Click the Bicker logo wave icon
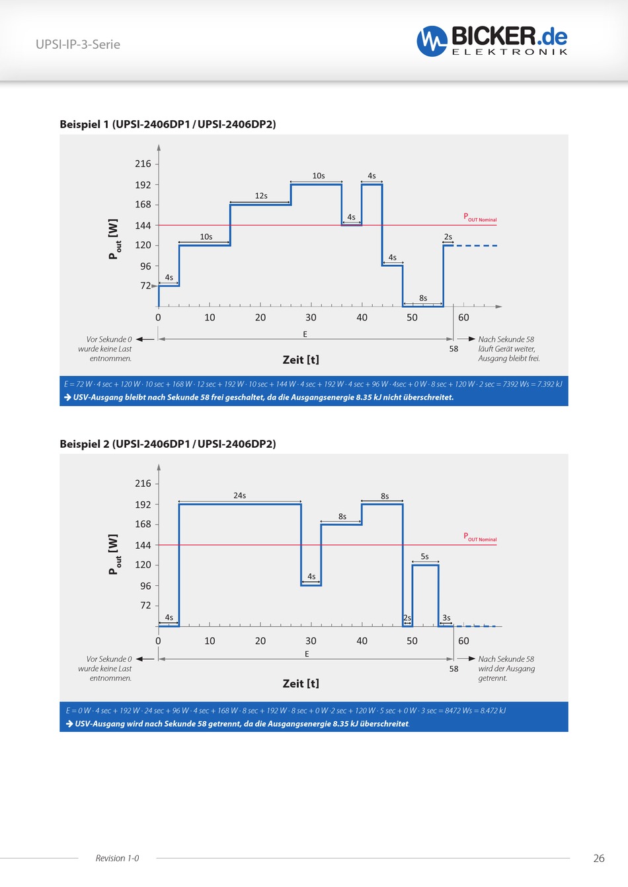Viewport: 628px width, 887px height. point(432,41)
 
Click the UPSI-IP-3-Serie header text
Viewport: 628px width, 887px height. point(78,44)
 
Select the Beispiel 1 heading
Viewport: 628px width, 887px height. point(168,124)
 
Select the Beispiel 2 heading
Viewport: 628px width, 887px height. point(168,444)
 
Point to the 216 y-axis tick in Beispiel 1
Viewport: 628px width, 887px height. point(143,164)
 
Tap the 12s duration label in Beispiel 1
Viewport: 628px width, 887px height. point(261,195)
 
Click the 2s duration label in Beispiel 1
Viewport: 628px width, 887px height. point(448,236)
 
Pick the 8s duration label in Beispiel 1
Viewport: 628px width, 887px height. point(423,298)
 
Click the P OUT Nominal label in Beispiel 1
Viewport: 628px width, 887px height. point(480,217)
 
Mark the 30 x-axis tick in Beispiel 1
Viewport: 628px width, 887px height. point(311,318)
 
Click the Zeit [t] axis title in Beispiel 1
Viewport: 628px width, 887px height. point(301,360)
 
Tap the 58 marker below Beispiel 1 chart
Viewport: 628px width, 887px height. point(453,349)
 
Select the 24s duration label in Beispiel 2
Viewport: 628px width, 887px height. point(239,495)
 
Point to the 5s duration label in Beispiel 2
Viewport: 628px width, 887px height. point(424,557)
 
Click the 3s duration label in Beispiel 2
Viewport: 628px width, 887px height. point(446,618)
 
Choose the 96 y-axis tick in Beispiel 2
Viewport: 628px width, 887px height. point(145,586)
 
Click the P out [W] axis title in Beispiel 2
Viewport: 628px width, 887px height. point(114,555)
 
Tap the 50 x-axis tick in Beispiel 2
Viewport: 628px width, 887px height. point(412,641)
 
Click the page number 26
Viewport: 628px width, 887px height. point(599,858)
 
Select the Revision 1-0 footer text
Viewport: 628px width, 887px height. point(117,858)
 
